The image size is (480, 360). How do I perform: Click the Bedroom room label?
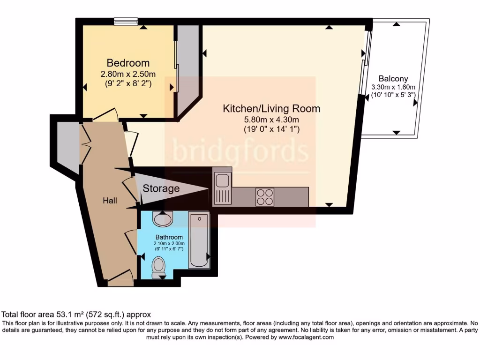tap(128, 63)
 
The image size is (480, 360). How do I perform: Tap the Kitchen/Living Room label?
tap(271, 109)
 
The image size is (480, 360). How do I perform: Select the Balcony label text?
tap(393, 79)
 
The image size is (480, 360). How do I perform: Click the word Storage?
tap(161, 188)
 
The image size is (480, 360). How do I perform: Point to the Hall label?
tap(110, 201)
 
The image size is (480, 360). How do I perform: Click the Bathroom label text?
tap(169, 238)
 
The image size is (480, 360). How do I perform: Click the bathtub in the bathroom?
tap(199, 240)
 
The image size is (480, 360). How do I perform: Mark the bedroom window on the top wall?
tap(126, 21)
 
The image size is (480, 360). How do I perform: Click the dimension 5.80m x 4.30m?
tap(271, 120)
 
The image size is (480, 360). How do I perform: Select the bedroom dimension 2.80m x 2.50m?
tap(128, 74)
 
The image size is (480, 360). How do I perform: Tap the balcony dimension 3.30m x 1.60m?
tap(393, 87)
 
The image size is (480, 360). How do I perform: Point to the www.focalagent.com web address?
tap(306, 337)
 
